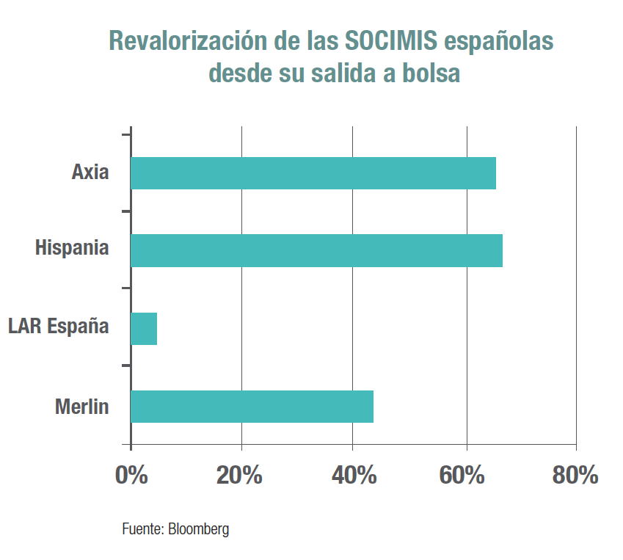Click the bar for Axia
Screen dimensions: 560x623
pyautogui.click(x=313, y=173)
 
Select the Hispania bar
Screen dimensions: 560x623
pyautogui.click(x=316, y=250)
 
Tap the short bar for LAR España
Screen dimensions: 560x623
pyautogui.click(x=144, y=329)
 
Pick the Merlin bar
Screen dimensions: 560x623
pyautogui.click(x=252, y=407)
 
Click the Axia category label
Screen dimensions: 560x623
pyautogui.click(x=90, y=173)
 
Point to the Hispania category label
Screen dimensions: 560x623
pyautogui.click(x=72, y=248)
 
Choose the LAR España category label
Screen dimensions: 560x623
pyautogui.click(x=59, y=326)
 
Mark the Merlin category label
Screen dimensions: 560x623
pyautogui.click(x=81, y=407)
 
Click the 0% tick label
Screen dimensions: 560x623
pyautogui.click(x=131, y=475)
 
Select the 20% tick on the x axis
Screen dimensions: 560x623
pyautogui.click(x=239, y=475)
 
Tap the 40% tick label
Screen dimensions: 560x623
pyautogui.click(x=354, y=475)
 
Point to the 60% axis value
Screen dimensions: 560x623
pyautogui.click(x=462, y=475)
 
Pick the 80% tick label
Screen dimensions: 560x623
pyautogui.click(x=575, y=475)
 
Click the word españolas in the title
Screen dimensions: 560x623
pyautogui.click(x=502, y=43)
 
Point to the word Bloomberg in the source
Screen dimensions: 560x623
pyautogui.click(x=199, y=529)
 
